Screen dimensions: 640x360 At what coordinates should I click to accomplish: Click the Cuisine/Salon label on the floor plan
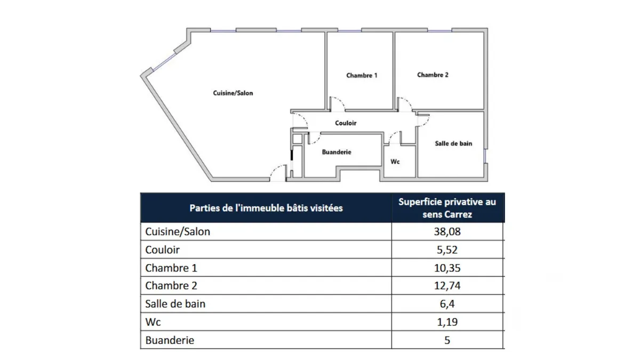pyautogui.click(x=233, y=93)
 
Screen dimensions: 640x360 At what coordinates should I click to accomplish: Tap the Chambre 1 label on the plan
pyautogui.click(x=362, y=75)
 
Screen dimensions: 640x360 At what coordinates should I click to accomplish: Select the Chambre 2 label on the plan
pyautogui.click(x=433, y=75)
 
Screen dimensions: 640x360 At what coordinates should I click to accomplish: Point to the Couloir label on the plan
pyautogui.click(x=346, y=123)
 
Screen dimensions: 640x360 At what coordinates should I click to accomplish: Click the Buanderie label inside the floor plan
pyautogui.click(x=337, y=152)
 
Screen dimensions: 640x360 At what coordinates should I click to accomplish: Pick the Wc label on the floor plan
pyautogui.click(x=395, y=162)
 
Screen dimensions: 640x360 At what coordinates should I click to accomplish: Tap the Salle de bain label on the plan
pyautogui.click(x=453, y=143)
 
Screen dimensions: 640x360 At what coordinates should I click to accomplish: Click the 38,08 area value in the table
pyautogui.click(x=447, y=231)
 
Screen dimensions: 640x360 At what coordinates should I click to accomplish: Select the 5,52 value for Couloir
pyautogui.click(x=447, y=250)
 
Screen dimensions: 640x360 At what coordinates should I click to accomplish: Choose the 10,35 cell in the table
pyautogui.click(x=447, y=268)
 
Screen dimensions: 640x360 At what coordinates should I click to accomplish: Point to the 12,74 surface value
pyautogui.click(x=447, y=286)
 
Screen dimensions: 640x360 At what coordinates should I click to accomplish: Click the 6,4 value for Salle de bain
pyautogui.click(x=447, y=304)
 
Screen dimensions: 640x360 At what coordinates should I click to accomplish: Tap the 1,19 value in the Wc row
pyautogui.click(x=447, y=322)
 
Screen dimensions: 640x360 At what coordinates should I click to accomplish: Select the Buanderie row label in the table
pyautogui.click(x=170, y=340)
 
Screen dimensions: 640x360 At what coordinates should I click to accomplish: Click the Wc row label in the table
pyautogui.click(x=153, y=322)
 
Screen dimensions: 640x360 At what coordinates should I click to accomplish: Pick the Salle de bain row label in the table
pyautogui.click(x=175, y=304)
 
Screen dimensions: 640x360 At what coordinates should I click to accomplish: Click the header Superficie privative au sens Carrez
pyautogui.click(x=447, y=208)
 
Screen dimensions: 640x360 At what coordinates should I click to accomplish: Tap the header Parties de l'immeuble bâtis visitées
pyautogui.click(x=266, y=209)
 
